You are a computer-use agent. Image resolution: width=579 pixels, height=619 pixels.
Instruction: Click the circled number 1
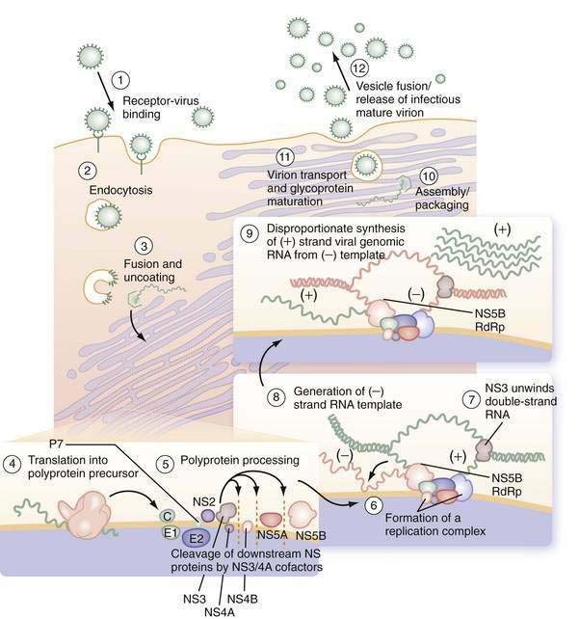coord(120,80)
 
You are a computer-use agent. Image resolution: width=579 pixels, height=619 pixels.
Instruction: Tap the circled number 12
coord(359,67)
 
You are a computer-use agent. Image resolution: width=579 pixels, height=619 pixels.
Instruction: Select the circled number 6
coord(373,505)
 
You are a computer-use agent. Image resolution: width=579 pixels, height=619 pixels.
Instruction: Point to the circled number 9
coord(250,233)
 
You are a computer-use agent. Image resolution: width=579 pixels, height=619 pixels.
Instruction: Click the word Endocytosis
coord(120,190)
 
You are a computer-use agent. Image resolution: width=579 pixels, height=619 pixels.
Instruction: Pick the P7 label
coord(57,444)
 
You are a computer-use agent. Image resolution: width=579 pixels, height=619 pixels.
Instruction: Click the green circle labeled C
coord(168,516)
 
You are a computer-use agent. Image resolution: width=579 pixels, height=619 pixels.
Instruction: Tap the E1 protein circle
coord(171,533)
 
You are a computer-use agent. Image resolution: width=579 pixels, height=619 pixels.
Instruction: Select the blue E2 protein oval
coord(197,537)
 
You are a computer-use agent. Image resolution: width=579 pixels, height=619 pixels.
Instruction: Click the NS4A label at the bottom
coord(220,611)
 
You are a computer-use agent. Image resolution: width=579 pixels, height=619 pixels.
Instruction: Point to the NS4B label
coord(243,599)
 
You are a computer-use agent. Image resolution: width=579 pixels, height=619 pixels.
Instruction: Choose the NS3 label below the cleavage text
coord(195,599)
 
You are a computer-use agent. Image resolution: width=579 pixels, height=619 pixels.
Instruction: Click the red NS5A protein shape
coord(270,519)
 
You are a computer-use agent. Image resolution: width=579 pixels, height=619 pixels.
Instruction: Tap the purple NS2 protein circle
coord(208,516)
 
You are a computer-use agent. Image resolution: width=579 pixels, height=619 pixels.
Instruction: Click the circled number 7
coord(471,399)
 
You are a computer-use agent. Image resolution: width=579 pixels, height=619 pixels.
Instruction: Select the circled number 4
coord(12,464)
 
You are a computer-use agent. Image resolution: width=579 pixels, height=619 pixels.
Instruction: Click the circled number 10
coord(429,175)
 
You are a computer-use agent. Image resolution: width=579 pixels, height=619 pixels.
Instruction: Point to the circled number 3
coord(144,246)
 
